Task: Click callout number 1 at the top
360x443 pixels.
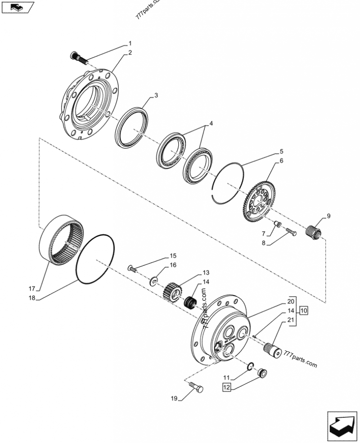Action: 130,44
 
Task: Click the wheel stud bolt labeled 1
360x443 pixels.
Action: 77,57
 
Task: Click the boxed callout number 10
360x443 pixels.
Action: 304,310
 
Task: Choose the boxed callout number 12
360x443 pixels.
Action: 226,386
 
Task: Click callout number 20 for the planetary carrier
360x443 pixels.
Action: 291,301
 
